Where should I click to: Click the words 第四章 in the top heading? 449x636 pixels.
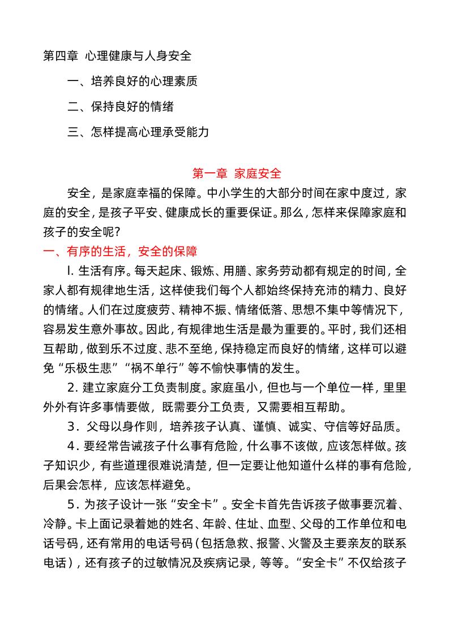[x=61, y=56]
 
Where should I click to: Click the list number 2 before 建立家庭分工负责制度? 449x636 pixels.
[x=71, y=388]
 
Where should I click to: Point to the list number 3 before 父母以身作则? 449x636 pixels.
[x=71, y=427]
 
